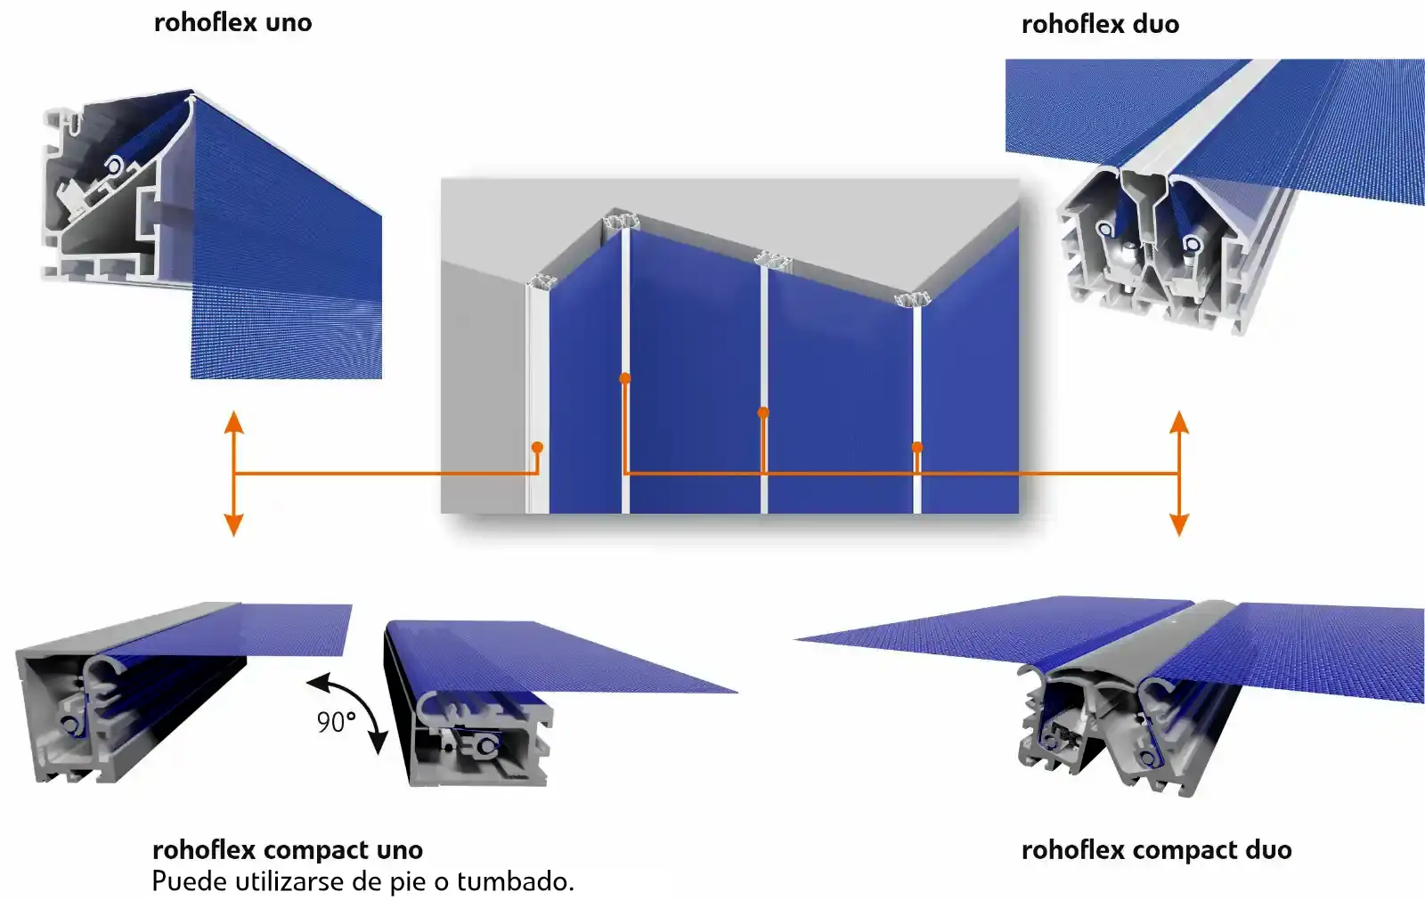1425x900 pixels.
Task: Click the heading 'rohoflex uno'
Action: click(x=232, y=22)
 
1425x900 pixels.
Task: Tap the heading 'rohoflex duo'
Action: click(x=1100, y=24)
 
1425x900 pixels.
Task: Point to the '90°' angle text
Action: click(x=336, y=722)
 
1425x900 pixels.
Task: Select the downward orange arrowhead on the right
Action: click(x=1179, y=525)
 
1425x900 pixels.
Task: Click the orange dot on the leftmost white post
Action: click(x=537, y=447)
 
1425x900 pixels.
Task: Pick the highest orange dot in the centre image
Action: click(x=625, y=378)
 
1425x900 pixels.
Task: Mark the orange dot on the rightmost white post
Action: click(x=917, y=447)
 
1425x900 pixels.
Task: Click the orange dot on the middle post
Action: click(x=763, y=412)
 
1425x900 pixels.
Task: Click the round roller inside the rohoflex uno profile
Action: click(x=115, y=166)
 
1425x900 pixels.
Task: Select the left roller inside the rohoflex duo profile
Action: click(x=1105, y=230)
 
